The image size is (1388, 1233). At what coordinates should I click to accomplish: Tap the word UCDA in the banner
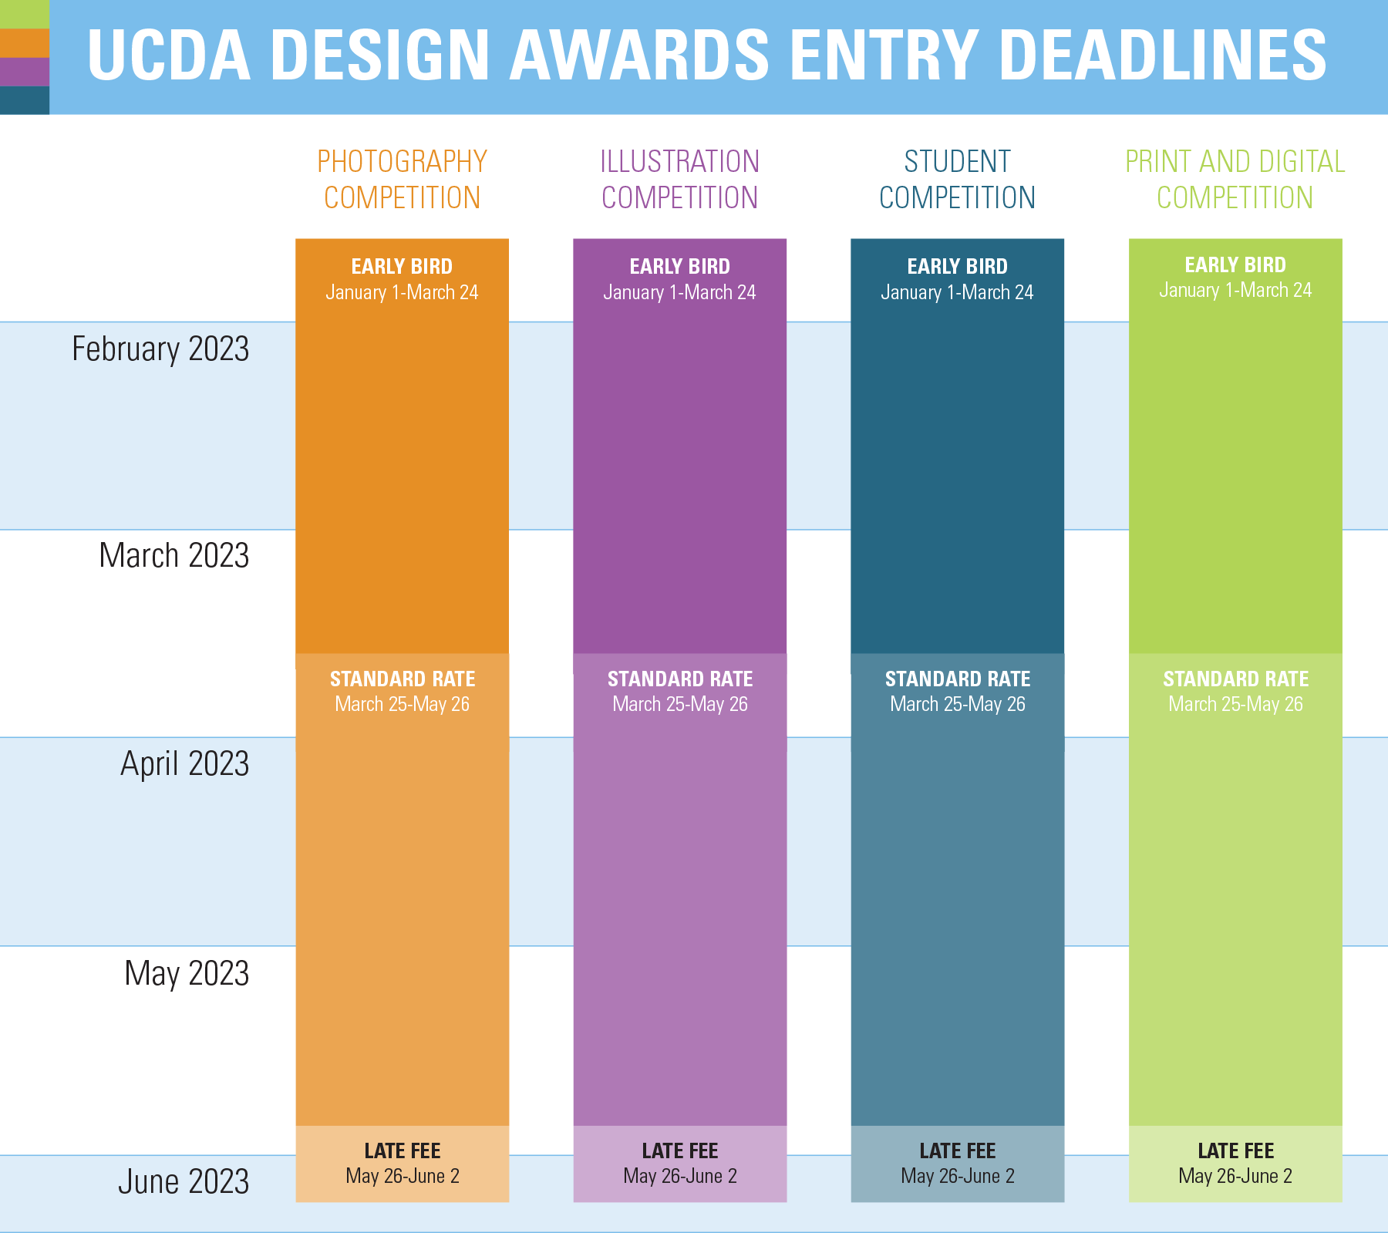(169, 56)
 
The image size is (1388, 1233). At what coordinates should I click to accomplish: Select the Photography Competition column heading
(402, 180)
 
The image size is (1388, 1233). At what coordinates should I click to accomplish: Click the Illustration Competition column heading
(679, 180)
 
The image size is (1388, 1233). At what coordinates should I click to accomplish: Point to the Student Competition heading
(957, 180)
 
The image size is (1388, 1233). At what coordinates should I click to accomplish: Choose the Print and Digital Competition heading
(1235, 180)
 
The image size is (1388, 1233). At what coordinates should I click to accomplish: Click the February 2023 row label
(160, 349)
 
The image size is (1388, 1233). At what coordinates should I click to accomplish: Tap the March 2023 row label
(173, 555)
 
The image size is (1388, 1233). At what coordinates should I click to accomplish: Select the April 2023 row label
(184, 763)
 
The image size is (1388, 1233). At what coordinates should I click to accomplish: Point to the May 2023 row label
(187, 973)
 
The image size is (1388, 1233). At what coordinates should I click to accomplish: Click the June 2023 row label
(184, 1181)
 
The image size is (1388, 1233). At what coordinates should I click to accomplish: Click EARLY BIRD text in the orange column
(402, 267)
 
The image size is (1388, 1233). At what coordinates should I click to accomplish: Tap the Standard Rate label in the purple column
(679, 679)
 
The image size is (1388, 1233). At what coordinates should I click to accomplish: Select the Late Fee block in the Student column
(957, 1163)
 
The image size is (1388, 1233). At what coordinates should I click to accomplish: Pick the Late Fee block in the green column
(1235, 1163)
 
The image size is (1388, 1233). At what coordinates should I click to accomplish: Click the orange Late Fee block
(402, 1163)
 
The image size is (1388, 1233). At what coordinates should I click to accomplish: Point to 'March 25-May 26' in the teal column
(957, 704)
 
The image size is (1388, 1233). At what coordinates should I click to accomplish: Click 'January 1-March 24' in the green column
(1235, 291)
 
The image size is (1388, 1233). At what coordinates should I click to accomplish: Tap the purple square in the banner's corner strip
(24, 72)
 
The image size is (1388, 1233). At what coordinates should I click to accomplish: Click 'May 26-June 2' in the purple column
(679, 1177)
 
